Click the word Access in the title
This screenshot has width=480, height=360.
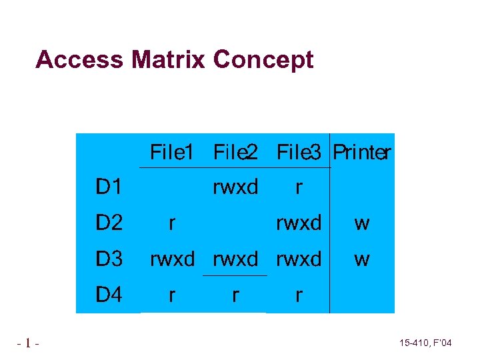click(79, 59)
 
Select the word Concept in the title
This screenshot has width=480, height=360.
click(263, 59)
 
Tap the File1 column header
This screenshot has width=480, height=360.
click(171, 153)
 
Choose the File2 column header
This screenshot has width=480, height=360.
click(235, 153)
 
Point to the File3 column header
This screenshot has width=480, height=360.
click(299, 153)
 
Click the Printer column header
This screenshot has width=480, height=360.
click(361, 153)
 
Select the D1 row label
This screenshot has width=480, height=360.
click(109, 187)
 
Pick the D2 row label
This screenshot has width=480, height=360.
click(109, 223)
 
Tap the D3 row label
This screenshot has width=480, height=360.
click(109, 259)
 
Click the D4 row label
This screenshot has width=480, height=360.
click(109, 294)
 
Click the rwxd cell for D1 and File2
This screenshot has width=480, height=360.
click(235, 187)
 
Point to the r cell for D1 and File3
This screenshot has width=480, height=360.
click(299, 187)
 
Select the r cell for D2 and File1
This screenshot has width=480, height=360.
click(172, 223)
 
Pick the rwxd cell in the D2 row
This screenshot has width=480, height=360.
click(299, 223)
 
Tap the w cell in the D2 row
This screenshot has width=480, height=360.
click(362, 223)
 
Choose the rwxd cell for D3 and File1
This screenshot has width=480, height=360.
click(172, 259)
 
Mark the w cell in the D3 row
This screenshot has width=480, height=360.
click(362, 259)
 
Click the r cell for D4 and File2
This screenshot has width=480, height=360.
click(235, 294)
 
